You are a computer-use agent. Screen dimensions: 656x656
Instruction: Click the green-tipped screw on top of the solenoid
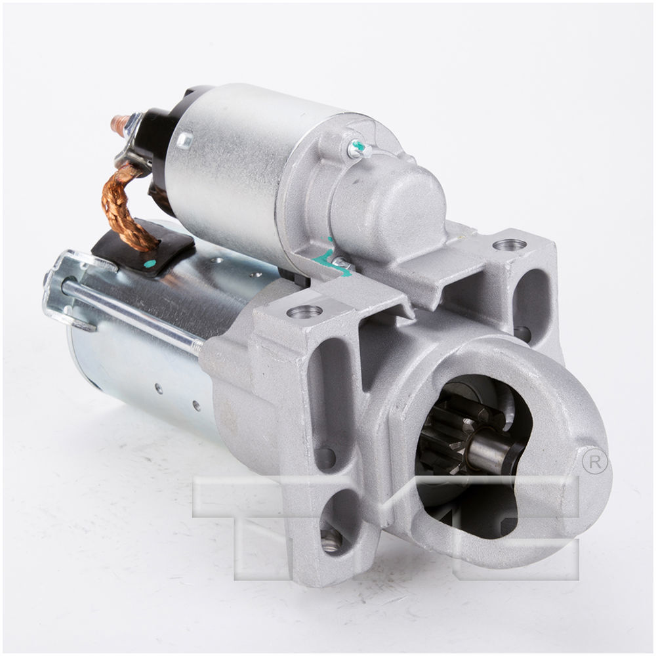[357, 150]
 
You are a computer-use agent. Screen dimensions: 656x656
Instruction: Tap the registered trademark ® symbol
[595, 462]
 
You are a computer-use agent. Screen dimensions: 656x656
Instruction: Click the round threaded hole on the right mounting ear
[509, 245]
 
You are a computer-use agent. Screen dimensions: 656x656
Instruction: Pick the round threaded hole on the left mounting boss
[304, 311]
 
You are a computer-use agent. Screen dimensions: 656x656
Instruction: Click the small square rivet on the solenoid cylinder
[184, 140]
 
